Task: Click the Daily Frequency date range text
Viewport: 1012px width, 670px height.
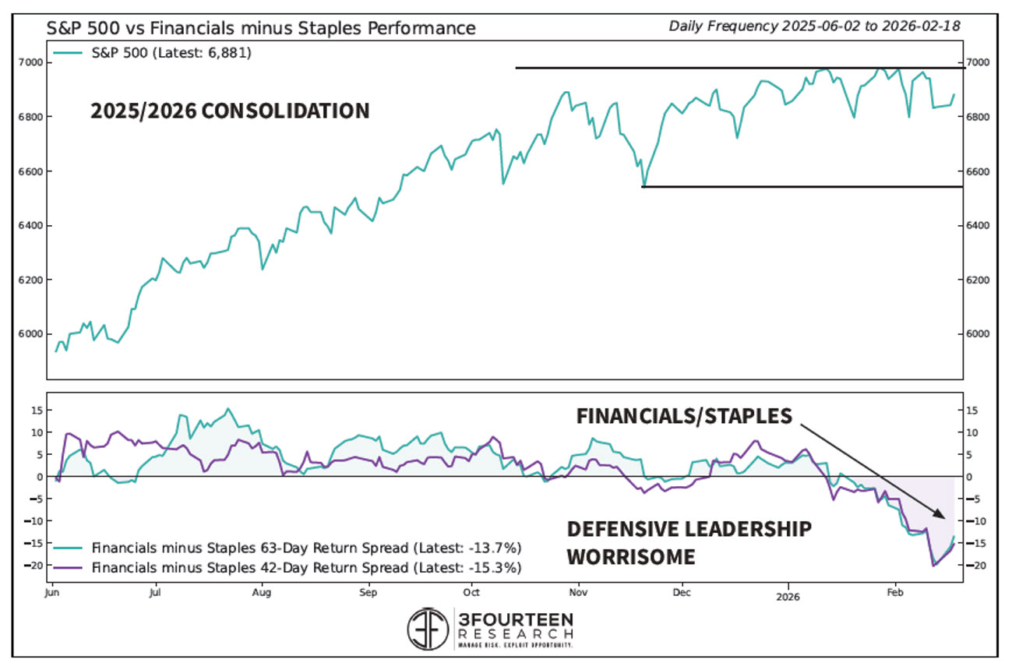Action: (x=814, y=26)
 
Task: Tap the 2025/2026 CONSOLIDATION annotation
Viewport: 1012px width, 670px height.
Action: (x=230, y=111)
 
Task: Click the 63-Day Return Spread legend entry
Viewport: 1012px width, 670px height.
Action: (x=306, y=546)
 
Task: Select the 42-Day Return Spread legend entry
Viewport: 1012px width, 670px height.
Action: (x=306, y=567)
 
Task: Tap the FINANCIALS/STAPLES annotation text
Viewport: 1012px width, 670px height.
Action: (x=684, y=416)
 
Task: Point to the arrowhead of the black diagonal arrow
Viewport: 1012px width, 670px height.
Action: (x=944, y=517)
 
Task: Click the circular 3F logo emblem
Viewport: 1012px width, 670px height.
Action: (x=428, y=629)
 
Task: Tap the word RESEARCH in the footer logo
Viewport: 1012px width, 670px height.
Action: (x=516, y=635)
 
